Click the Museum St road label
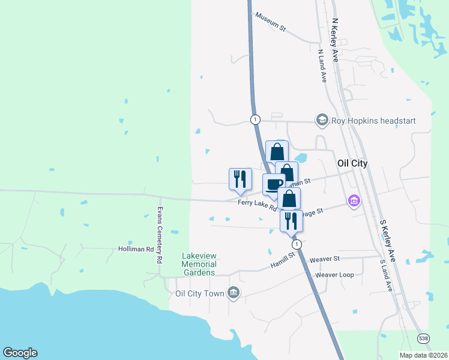click(270, 22)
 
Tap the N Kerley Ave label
click(336, 40)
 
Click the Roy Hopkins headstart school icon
click(322, 121)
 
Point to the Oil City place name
click(352, 163)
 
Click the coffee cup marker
click(274, 184)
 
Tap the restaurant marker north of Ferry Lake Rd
click(240, 178)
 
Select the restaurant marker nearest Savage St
click(291, 220)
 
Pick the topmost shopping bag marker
click(277, 151)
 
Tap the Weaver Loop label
click(334, 275)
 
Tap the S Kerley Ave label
click(387, 239)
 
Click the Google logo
click(20, 353)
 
